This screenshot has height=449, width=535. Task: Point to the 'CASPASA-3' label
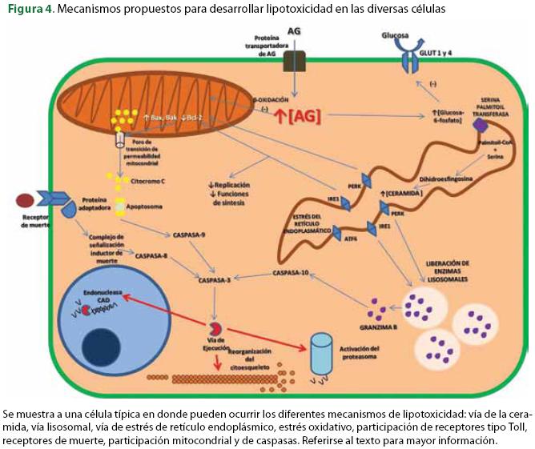tap(215, 281)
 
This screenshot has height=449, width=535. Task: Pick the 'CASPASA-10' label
tap(289, 273)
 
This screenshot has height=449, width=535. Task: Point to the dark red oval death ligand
tap(24, 198)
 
